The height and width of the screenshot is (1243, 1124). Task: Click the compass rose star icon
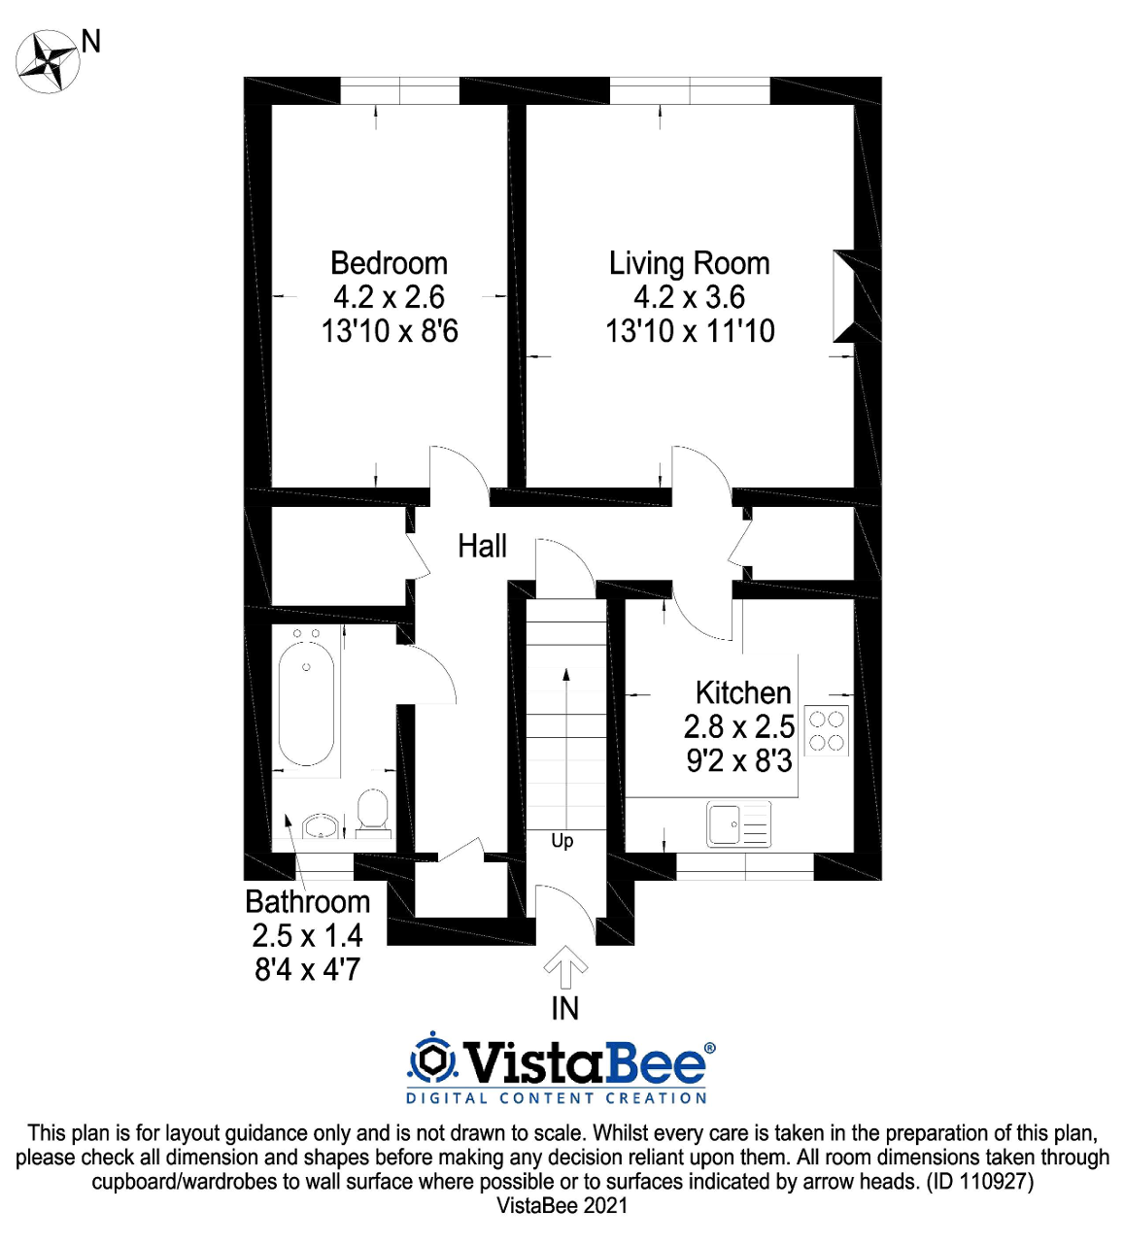[48, 62]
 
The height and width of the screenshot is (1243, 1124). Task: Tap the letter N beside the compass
[91, 42]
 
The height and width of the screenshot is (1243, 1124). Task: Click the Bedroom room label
[389, 263]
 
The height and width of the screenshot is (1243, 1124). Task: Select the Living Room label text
[690, 263]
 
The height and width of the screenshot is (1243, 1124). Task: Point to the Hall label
[482, 546]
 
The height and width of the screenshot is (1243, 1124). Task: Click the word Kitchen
[743, 692]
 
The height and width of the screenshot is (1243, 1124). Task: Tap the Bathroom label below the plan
[308, 901]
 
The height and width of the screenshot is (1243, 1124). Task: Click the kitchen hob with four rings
[827, 730]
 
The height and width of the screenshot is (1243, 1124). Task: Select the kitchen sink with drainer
[739, 824]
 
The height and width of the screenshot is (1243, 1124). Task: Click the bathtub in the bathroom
[306, 704]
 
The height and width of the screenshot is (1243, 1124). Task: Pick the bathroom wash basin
[320, 826]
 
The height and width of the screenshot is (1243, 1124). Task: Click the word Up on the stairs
[562, 842]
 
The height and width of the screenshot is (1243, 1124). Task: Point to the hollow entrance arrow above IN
[565, 966]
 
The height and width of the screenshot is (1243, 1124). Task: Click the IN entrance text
[564, 1009]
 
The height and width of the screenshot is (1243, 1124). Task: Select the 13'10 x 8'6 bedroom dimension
[390, 331]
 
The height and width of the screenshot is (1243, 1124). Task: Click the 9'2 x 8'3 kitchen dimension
[739, 761]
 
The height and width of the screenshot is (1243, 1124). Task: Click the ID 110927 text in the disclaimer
[980, 1182]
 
